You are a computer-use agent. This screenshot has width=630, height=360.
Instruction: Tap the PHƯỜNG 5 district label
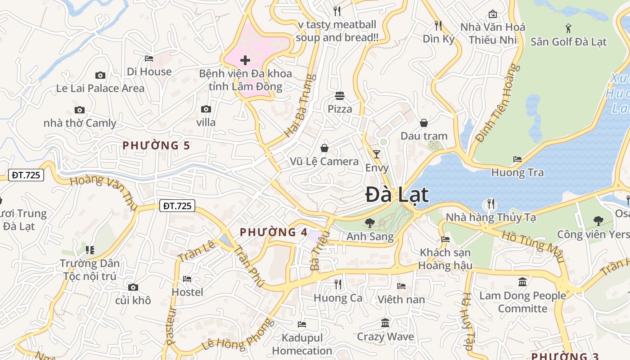(x=156, y=145)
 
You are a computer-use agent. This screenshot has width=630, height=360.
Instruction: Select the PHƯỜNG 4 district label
(x=274, y=232)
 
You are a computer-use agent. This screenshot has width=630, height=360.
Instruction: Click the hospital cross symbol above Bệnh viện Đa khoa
(x=245, y=60)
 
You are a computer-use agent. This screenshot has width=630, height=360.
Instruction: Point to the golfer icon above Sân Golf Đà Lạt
(x=568, y=28)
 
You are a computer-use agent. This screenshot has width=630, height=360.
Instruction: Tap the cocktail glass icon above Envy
(x=377, y=154)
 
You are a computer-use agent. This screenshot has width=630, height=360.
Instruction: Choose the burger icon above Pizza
(x=340, y=95)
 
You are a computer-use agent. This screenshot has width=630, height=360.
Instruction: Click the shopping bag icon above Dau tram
(x=423, y=122)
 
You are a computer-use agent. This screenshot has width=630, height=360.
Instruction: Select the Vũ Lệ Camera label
(x=324, y=162)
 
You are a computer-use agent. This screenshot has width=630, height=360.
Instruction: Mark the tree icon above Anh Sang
(x=370, y=222)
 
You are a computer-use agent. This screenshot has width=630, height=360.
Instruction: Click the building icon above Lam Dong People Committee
(x=522, y=282)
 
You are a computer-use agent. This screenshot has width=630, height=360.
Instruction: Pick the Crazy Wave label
(x=385, y=337)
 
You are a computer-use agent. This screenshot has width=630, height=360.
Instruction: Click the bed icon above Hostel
(x=187, y=279)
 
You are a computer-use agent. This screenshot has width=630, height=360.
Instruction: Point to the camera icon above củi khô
(x=133, y=287)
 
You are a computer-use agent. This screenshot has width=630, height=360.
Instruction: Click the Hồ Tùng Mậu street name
(x=533, y=246)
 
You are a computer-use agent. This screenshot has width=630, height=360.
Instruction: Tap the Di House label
(x=149, y=72)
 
